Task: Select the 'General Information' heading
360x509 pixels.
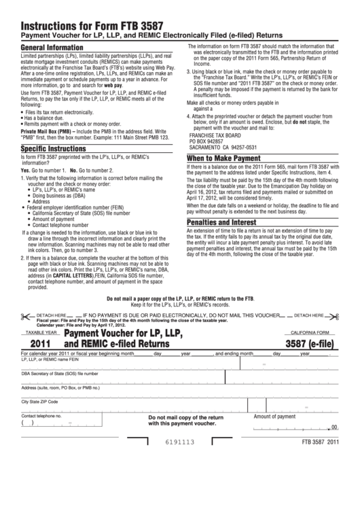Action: click(52, 48)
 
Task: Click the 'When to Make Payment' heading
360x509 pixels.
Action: click(226, 158)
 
